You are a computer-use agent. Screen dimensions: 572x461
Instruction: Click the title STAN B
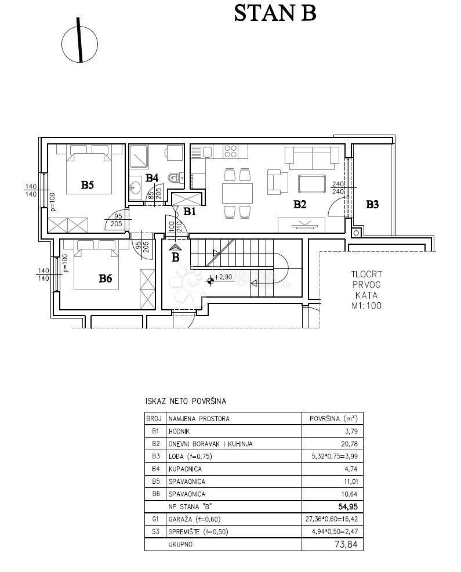coord(275,13)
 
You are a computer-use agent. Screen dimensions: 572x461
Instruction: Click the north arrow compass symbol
coord(80,41)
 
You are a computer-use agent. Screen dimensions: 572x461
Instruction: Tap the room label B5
coord(88,186)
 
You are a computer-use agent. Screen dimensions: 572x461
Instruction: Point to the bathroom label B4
coord(152,178)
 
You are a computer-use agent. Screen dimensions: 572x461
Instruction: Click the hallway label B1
coord(190,212)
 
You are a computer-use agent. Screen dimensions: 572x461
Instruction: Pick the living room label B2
coord(299,204)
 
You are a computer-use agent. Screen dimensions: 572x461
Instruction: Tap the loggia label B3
coord(372,204)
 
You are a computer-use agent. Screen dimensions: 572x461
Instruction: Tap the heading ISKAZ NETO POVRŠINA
coord(185,401)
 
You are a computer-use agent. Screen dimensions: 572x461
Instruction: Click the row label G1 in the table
coord(155,519)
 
